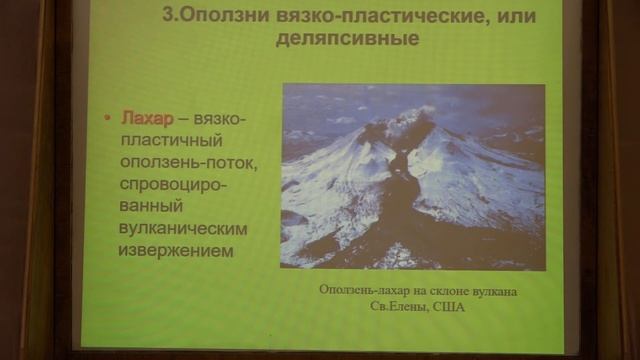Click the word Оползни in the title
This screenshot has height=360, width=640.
[x=217, y=16]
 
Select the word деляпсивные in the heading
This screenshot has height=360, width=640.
[x=344, y=41]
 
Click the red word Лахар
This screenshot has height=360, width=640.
[x=144, y=119]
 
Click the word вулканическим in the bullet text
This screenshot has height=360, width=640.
[x=182, y=230]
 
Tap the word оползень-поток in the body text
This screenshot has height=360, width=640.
[x=182, y=163]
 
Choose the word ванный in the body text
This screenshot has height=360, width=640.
[x=149, y=208]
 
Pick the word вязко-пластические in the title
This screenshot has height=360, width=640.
[x=357, y=16]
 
